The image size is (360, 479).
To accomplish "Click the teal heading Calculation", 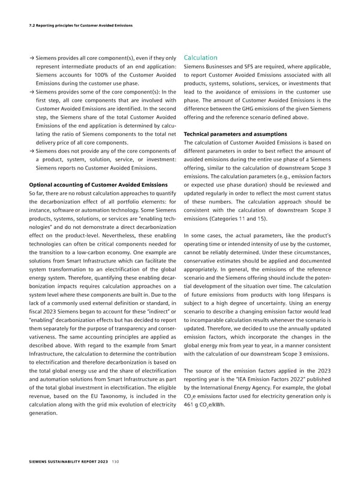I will [x=200, y=58].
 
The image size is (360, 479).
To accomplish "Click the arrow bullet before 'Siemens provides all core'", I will [x=31, y=58].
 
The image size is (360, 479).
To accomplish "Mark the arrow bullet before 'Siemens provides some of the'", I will [x=31, y=91].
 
